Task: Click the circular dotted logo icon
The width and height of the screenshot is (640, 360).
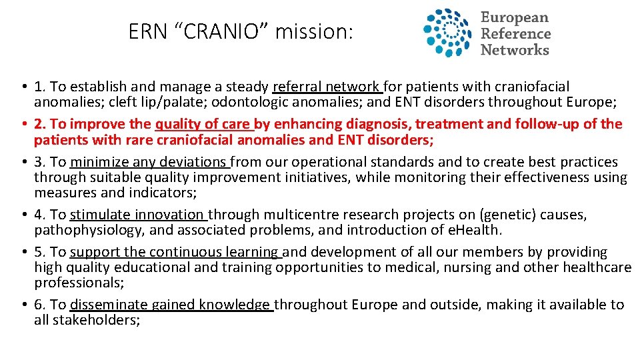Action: coord(449,33)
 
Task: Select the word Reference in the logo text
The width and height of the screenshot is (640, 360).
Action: coord(515,33)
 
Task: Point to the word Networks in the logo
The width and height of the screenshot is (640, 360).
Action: coord(515,49)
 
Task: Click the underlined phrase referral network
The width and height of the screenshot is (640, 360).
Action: coord(326,87)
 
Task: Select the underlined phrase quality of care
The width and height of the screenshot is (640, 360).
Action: coord(203,124)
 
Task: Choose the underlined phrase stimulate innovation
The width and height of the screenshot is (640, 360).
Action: coord(138,215)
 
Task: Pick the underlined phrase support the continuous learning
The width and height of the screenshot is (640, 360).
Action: coord(175,252)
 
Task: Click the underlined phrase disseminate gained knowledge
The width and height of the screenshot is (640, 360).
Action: coord(171,305)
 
